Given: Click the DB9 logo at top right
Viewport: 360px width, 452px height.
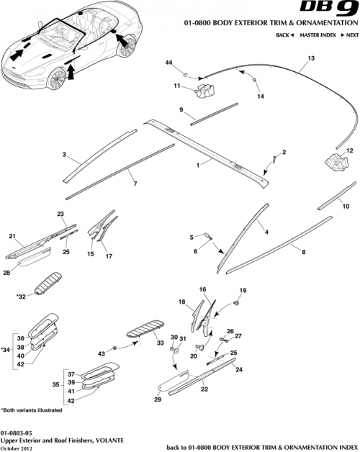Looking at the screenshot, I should (332, 12).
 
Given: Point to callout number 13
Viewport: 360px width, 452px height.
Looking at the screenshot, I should (311, 58).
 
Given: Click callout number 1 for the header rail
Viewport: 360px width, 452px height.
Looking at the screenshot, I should (198, 164).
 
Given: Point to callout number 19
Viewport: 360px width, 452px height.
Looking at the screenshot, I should (243, 290).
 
